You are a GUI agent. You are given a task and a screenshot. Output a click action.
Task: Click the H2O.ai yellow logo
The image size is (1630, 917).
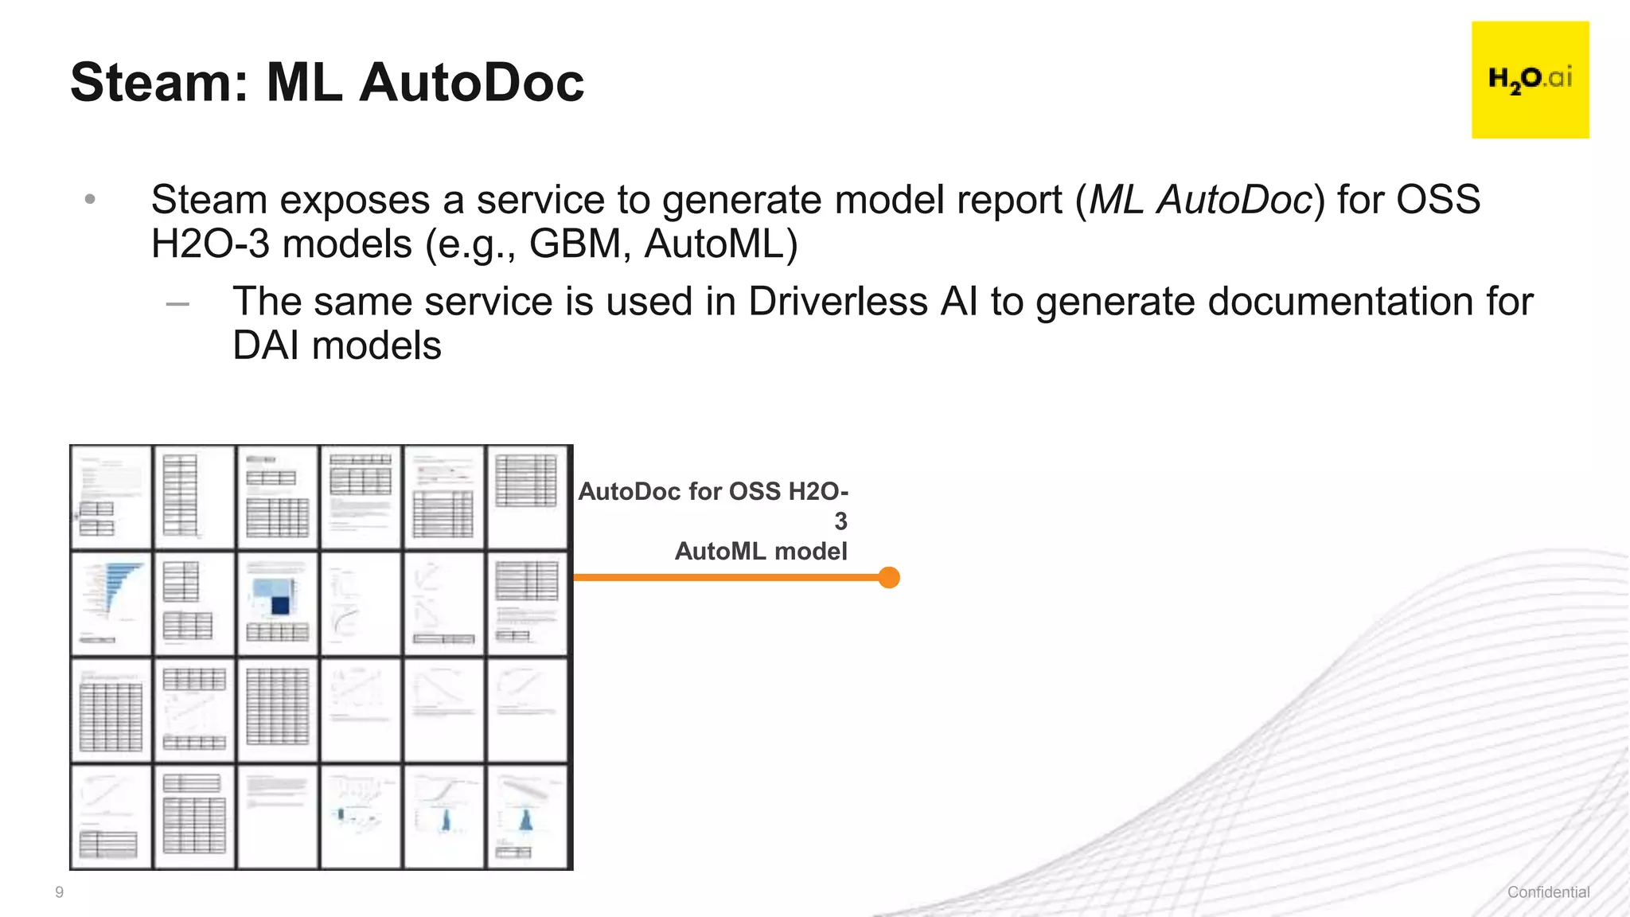1530,80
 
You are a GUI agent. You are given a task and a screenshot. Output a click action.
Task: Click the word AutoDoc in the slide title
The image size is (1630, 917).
471,82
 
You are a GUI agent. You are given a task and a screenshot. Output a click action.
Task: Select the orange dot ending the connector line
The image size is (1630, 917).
889,577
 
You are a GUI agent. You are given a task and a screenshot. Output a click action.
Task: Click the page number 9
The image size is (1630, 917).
59,892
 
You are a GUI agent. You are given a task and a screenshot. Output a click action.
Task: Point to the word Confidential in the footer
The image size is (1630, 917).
1548,892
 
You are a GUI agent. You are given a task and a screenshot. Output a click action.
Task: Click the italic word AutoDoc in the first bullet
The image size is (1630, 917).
1234,199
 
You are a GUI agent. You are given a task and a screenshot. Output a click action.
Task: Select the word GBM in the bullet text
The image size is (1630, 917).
575,244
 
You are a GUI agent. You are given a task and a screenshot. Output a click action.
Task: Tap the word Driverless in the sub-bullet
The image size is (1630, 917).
838,302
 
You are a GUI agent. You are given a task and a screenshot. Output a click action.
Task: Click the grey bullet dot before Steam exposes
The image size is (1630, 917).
90,199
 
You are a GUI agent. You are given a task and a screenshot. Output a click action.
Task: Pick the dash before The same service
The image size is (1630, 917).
177,303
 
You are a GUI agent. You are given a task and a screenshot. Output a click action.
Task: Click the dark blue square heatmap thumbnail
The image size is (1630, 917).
278,603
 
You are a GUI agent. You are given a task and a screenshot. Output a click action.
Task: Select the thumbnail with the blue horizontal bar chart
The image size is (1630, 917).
111,603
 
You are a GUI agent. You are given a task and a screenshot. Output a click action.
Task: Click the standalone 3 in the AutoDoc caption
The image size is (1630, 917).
840,521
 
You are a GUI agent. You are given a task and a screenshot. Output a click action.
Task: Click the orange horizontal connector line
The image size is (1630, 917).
724,577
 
